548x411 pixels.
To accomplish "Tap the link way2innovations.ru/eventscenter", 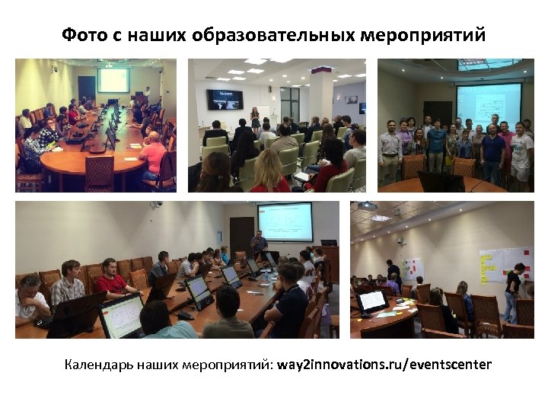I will [x=384, y=365].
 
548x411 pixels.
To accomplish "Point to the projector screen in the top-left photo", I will [x=113, y=81].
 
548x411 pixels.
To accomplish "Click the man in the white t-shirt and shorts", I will [x=521, y=152].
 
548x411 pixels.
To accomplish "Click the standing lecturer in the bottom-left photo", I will [x=259, y=244].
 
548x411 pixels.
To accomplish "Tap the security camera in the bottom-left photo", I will [x=156, y=205].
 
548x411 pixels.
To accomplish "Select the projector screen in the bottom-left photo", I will [x=285, y=221].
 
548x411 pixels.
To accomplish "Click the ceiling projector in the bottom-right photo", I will [x=366, y=206].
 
